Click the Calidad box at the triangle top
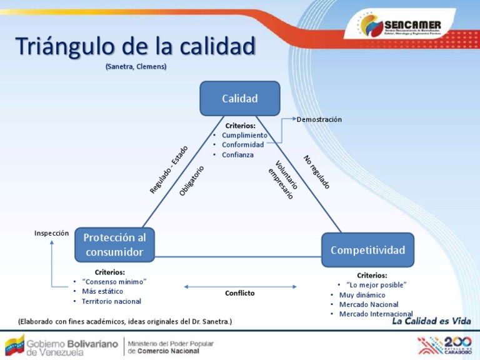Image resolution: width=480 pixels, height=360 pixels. [239, 98]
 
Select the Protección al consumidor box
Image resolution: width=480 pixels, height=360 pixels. [114, 245]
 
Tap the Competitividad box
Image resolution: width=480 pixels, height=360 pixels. [367, 250]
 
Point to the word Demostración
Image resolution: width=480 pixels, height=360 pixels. [319, 119]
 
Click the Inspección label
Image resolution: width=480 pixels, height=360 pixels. [51, 232]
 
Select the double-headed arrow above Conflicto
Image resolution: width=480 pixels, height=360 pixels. [239, 286]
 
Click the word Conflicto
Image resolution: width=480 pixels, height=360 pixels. [239, 293]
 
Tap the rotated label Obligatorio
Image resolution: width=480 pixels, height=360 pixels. [192, 181]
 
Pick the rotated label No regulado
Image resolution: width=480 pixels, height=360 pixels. [316, 172]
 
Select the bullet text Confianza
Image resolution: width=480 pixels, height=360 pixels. [237, 154]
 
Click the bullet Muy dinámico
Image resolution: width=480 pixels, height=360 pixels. [362, 295]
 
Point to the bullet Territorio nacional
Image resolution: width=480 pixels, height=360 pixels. [111, 301]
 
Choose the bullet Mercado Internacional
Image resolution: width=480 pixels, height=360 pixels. [376, 314]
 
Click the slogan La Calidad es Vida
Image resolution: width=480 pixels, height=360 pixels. [431, 321]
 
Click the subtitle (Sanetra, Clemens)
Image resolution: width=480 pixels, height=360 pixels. [136, 66]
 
